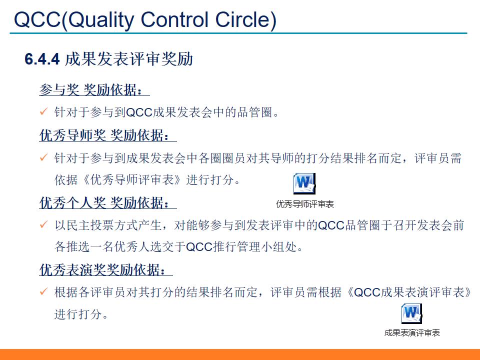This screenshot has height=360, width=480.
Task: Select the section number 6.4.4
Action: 42,59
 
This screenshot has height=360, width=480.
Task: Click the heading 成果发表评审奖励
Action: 129,59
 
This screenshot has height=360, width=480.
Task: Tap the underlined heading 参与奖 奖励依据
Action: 94,90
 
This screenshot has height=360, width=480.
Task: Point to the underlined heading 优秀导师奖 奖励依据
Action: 107,135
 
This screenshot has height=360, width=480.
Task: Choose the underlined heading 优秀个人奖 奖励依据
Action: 107,203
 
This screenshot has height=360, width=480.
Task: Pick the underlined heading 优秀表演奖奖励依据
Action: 105,269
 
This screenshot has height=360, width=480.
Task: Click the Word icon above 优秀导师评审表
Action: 304,183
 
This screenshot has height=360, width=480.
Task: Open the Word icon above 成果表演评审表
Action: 411,313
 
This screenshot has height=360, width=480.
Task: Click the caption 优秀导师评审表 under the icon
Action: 304,204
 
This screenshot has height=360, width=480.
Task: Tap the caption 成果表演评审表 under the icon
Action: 412,333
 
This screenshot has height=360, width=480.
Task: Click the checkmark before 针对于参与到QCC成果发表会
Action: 43,112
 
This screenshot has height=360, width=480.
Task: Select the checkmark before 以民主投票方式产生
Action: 43,225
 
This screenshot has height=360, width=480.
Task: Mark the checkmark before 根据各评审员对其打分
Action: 43,292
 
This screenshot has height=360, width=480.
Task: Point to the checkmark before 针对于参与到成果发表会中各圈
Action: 43,158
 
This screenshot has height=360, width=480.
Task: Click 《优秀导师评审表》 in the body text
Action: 130,180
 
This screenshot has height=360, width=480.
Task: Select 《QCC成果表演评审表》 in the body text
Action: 408,292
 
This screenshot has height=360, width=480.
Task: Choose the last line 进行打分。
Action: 81,314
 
